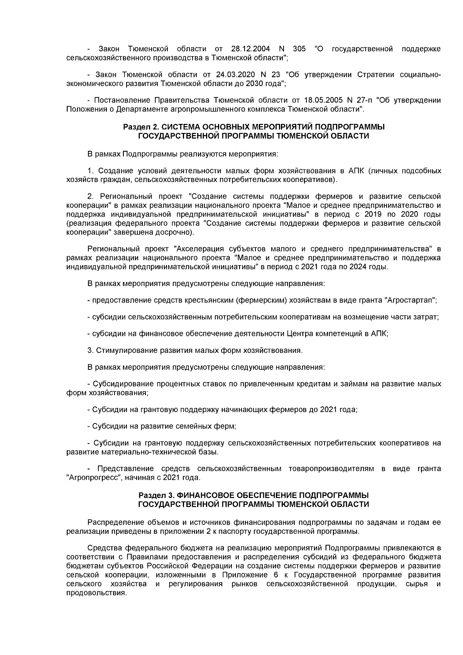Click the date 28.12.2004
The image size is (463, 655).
point(249,49)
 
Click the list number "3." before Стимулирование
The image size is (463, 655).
point(91,351)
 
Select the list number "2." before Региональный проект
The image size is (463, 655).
point(91,196)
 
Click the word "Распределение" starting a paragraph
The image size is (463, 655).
point(115,523)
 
